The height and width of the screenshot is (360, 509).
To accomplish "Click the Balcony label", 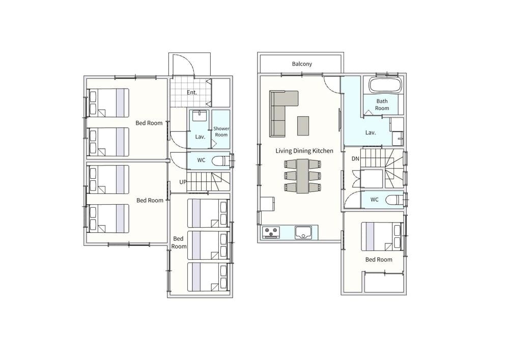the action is [302, 64].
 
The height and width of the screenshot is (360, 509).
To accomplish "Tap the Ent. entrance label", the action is [192, 93].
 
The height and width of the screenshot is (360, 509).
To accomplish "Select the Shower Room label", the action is [221, 131].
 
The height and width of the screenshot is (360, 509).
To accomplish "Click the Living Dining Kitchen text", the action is [304, 151].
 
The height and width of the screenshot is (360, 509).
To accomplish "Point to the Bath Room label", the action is [382, 104].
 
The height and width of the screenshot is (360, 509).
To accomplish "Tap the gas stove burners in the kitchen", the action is [271, 232].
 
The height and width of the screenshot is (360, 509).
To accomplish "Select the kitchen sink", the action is [303, 232].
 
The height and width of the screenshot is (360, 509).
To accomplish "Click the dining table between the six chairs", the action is [302, 176].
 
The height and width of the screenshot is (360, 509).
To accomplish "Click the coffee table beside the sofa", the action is [303, 126].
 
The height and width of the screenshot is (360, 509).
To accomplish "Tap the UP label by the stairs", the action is [183, 182].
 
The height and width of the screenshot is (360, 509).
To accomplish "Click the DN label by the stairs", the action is [355, 159].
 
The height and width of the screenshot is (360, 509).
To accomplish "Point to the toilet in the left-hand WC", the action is [221, 161].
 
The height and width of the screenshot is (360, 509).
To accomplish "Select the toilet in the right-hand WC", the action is [394, 200].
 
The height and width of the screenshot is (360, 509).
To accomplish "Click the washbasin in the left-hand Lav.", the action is [200, 116].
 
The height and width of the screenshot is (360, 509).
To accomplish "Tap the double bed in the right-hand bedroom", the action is [382, 236].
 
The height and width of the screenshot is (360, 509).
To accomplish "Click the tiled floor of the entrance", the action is [190, 93].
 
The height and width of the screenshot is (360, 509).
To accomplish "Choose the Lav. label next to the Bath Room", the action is [371, 132].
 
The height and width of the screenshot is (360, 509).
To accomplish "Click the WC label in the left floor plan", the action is [201, 160].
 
